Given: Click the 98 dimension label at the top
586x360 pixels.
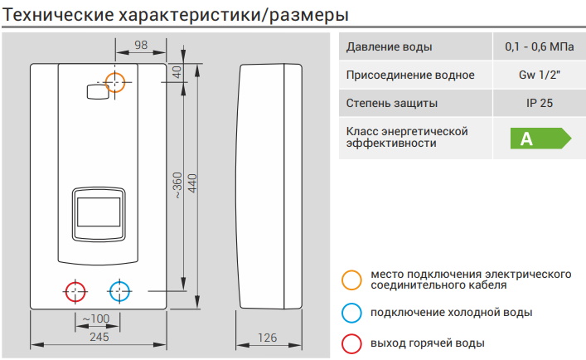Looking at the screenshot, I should (x=142, y=46).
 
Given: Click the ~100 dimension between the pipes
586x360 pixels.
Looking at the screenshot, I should (x=96, y=319).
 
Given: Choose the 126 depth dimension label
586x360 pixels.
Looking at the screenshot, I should (x=267, y=337).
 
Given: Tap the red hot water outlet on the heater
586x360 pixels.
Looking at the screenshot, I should (x=75, y=292).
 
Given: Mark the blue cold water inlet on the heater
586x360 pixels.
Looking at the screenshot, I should (x=120, y=292).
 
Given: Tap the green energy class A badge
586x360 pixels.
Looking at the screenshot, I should (x=540, y=138).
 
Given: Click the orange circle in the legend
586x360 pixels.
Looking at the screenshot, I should (x=352, y=280).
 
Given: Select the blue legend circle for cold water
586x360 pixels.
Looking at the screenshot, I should (x=352, y=312).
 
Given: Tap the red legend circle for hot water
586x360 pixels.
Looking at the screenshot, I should (x=352, y=343).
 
